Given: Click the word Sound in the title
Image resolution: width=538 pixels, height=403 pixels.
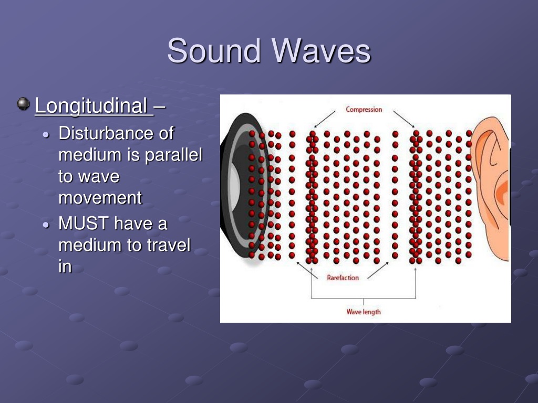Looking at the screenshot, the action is coord(213,51).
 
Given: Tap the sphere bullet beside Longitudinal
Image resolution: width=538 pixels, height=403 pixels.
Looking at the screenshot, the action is coord(23,104).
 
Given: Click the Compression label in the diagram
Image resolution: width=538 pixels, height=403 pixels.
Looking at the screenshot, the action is coord(364,110).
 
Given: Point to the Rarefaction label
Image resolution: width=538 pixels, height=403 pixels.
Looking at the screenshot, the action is coord(343,278).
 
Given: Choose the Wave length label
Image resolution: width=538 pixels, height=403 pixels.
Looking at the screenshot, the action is coord(364,312).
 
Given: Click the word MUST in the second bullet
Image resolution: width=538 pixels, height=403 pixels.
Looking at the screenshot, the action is coord(84,224).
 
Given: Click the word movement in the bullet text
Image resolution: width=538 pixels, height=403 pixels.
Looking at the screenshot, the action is coord(100,198).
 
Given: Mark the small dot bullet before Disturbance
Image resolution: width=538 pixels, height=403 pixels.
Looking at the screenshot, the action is coord(46,135).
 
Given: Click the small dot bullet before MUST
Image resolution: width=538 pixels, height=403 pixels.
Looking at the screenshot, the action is coord(46,225).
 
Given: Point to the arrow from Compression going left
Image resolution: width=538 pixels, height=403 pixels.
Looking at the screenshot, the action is coord(325,119).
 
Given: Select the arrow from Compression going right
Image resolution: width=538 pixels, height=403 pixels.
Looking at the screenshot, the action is coord(404,119).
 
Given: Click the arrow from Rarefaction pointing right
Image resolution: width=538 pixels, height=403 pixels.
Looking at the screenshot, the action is coord(378,270).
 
